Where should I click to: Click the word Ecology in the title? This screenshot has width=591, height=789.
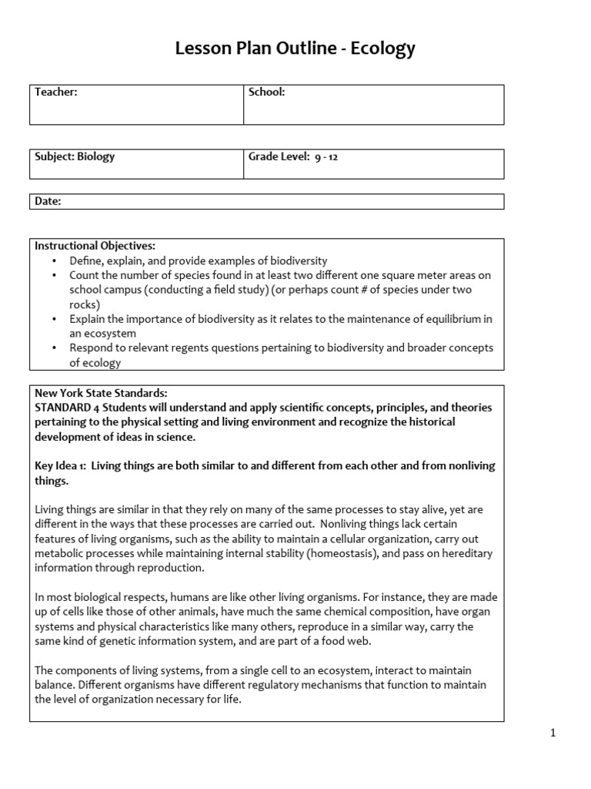382,49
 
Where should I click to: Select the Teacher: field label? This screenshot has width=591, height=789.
56,92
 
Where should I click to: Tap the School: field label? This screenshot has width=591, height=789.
266,92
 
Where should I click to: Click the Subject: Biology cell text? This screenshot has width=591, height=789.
75,156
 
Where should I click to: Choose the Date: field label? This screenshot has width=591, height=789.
48,201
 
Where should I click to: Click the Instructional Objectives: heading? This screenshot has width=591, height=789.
95,246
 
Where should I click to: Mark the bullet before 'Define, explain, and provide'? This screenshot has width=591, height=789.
55,261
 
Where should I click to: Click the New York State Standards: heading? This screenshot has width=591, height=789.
101,393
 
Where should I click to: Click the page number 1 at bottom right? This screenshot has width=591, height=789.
553,734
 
